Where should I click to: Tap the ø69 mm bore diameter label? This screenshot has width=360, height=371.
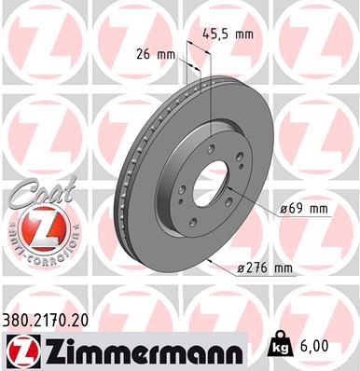(305, 209)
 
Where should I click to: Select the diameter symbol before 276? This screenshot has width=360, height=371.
(240, 268)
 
